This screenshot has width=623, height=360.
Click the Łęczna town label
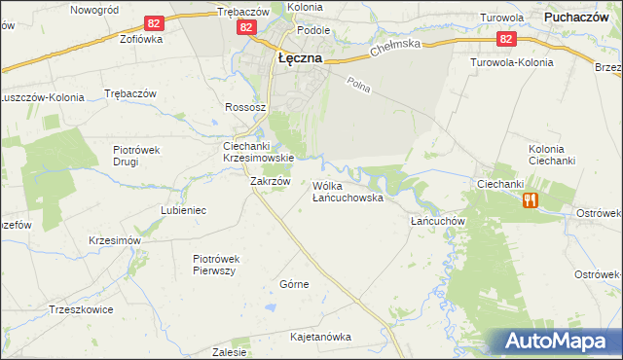(300, 57)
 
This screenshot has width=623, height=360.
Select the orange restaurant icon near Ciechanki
(530, 199)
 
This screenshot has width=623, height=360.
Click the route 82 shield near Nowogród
(154, 22)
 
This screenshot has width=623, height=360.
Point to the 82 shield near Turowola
(505, 39)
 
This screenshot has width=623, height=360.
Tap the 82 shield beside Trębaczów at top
(245, 29)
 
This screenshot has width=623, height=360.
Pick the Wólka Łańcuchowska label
(348, 191)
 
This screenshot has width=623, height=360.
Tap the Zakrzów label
(271, 181)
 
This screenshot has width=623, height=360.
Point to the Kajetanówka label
(320, 337)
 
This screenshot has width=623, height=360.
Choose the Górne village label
(294, 284)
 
